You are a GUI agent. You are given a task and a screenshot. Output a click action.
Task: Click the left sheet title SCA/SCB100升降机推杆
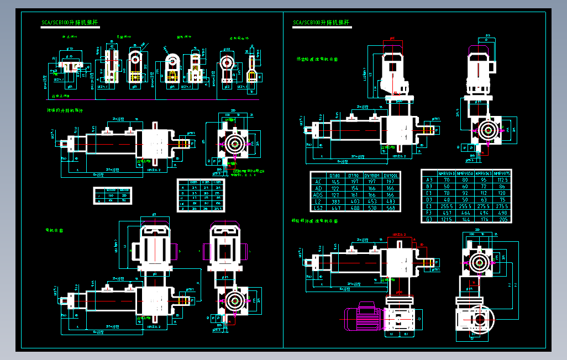coord(70,23)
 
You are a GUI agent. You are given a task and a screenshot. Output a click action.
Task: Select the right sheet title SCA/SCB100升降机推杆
coord(321,23)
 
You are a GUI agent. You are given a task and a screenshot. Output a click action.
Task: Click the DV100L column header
coord(391,175)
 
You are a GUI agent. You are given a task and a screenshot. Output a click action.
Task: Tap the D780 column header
coord(335,175)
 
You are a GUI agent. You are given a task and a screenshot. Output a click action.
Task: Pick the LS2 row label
coord(318,208)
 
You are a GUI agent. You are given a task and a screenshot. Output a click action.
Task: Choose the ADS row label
coord(318,195)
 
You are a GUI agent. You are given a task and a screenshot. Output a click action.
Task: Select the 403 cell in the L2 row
coord(354,202)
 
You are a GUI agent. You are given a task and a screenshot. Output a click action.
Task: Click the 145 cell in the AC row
coord(335,182)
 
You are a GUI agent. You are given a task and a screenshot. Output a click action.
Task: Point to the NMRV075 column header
coord(502,173)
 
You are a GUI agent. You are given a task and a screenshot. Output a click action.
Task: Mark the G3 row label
coord(429,220)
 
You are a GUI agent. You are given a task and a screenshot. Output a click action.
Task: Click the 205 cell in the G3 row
coord(502,220)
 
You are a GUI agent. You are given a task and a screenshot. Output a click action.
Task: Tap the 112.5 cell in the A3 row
coord(502,180)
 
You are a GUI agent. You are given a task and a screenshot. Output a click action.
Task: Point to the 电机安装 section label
coord(54,230)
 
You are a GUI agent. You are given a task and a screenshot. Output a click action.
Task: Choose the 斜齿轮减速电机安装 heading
coord(317,59)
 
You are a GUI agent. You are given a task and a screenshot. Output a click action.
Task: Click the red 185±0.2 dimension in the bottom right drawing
coord(398,235)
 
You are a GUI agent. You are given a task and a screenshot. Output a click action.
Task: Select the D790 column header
coord(354,175)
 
